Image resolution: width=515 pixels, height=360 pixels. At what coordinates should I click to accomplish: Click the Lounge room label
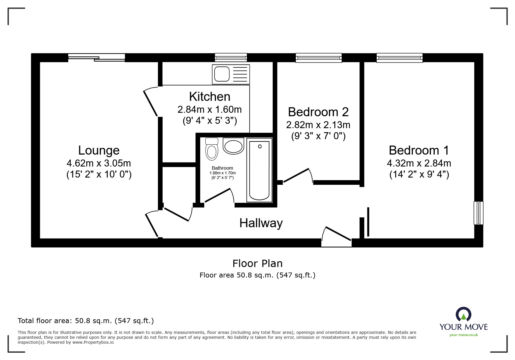[x=99, y=151]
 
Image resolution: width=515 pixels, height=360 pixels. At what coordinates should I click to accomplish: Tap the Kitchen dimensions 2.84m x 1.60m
[x=209, y=110]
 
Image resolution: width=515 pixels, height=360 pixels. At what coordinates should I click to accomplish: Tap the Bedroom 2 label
[x=318, y=112]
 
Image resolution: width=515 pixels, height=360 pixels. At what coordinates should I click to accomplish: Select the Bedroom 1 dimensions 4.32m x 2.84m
[x=419, y=163]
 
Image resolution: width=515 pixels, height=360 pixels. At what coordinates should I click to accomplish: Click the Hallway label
[x=261, y=223]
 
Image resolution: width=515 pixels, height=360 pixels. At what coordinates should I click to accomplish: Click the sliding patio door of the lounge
[x=97, y=58]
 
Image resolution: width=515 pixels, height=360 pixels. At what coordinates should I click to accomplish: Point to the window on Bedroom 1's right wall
[x=478, y=213]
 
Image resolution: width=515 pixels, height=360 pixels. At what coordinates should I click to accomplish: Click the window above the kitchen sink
[x=231, y=58]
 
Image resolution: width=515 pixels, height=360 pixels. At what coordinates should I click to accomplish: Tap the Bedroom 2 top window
[x=318, y=58]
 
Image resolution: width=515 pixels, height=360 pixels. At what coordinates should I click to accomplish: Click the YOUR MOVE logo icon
[x=463, y=315]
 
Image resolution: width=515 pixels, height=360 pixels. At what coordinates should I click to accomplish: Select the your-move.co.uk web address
[x=464, y=335]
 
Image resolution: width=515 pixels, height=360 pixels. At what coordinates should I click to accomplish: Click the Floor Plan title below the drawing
[x=257, y=264]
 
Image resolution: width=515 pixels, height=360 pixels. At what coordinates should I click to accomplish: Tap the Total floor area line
[x=86, y=321]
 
